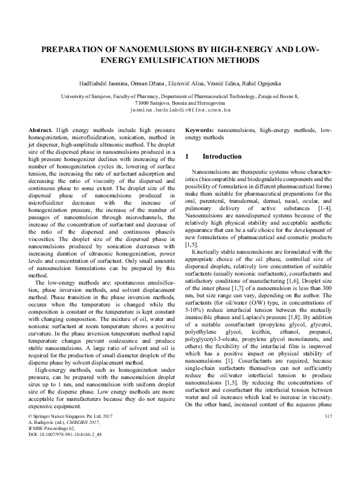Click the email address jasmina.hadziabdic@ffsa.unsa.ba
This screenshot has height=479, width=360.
(x=180, y=111)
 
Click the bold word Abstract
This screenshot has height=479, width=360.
(x=41, y=131)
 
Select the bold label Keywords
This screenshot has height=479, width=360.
(x=199, y=131)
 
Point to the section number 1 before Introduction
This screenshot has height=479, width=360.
(x=186, y=156)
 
